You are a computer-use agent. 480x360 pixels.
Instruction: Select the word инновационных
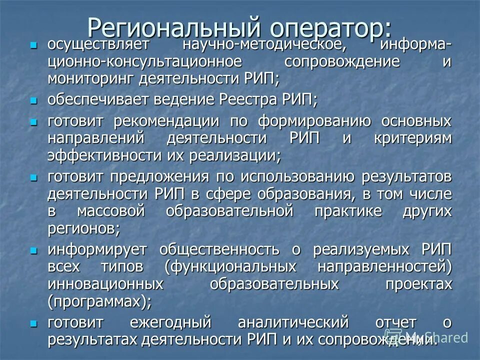click(x=105, y=284)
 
